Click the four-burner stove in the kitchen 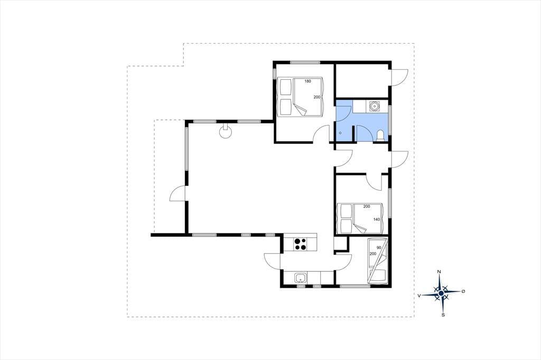(300, 244)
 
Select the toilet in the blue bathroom (380, 135)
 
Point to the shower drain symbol (340, 133)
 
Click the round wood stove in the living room (226, 131)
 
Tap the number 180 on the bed (307, 81)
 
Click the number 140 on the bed (376, 219)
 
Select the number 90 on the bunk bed (379, 248)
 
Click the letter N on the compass (439, 272)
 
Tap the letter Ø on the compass (463, 291)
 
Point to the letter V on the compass (419, 296)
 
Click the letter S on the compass (443, 315)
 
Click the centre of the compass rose (441, 293)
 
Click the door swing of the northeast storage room (399, 77)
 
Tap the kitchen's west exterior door (273, 261)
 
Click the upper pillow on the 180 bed (285, 87)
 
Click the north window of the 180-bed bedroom (305, 62)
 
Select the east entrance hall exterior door (399, 159)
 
